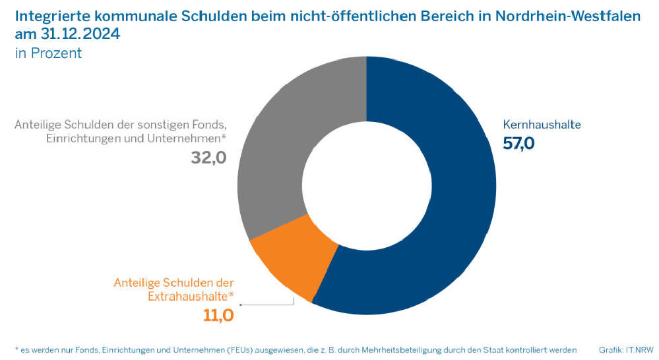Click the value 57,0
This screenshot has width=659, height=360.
(x=518, y=143)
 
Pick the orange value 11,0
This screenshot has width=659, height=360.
(x=218, y=315)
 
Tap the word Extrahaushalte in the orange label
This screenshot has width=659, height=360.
(x=190, y=295)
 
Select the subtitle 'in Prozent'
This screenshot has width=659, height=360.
(x=48, y=53)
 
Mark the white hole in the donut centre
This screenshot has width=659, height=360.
(x=366, y=185)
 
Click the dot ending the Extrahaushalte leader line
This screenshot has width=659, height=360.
(x=241, y=305)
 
